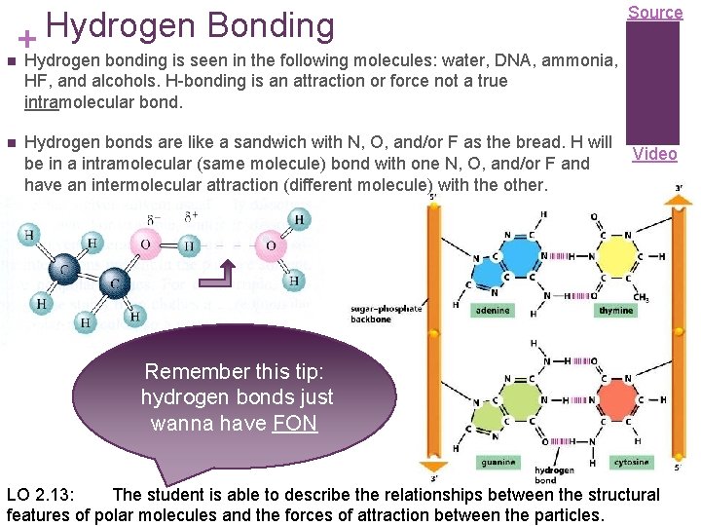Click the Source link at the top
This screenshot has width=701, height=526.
tap(654, 13)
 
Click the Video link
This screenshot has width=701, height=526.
tap(654, 154)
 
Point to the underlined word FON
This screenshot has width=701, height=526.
tap(295, 424)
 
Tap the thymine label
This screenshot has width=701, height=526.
tap(615, 311)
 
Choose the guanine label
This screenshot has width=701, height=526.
tap(495, 461)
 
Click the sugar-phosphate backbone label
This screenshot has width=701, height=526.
tap(387, 313)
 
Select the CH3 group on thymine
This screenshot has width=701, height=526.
tap(641, 297)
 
